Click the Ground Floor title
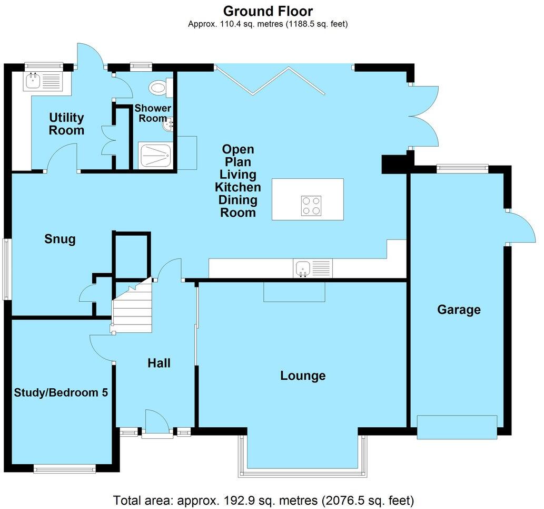point(268,11)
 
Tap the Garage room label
point(459,310)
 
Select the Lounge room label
point(303,376)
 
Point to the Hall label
point(159,363)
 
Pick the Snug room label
point(60,239)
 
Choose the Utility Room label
point(66,123)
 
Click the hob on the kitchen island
point(311,206)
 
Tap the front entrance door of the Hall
point(156,425)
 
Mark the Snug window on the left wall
point(7,269)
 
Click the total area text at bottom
point(263,499)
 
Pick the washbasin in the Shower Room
point(169,124)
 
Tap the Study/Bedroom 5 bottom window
point(64,467)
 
